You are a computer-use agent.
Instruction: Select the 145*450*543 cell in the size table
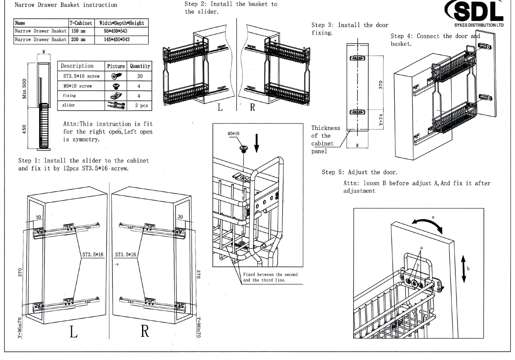[116, 39]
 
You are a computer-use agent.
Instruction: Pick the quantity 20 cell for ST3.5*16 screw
[140, 76]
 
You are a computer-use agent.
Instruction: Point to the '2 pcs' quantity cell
[141, 105]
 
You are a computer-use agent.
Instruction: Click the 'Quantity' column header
[140, 66]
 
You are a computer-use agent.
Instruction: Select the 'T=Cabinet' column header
[81, 23]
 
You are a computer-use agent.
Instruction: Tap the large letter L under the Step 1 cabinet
[73, 331]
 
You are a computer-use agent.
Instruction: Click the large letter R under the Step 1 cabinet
[145, 331]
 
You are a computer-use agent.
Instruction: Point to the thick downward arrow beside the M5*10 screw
[257, 143]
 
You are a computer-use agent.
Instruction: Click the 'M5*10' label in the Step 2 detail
[233, 134]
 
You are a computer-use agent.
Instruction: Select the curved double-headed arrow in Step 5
[428, 224]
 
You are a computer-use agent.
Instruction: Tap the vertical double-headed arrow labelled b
[464, 269]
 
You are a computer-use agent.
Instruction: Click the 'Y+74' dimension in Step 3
[381, 120]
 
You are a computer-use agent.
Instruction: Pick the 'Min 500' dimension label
[24, 88]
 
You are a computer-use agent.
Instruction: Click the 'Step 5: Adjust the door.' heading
[359, 172]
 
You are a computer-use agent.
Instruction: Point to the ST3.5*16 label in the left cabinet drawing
[93, 255]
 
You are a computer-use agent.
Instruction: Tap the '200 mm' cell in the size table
[78, 39]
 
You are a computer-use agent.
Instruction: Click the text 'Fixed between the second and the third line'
[270, 277]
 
